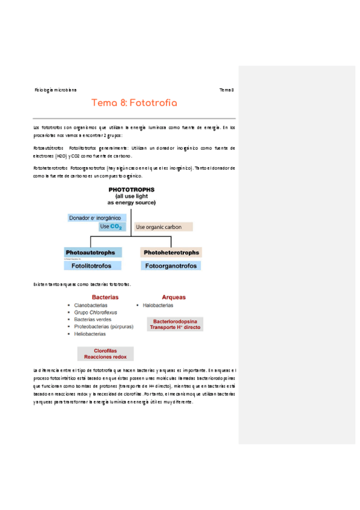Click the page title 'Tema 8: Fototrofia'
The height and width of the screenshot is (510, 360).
pyautogui.click(x=134, y=103)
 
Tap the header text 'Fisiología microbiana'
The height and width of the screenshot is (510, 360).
pyautogui.click(x=56, y=90)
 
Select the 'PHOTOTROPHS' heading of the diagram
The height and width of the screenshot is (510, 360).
pyautogui.click(x=132, y=189)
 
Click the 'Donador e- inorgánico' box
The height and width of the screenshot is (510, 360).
pyautogui.click(x=96, y=218)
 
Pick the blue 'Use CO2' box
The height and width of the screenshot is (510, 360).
pyautogui.click(x=112, y=227)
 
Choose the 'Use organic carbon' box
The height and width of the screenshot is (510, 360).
pyautogui.click(x=163, y=227)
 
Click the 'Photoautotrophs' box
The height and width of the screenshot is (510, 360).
pyautogui.click(x=93, y=253)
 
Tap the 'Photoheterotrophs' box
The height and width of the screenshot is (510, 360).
pyautogui.click(x=171, y=253)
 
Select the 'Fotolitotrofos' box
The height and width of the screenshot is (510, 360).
pyautogui.click(x=93, y=265)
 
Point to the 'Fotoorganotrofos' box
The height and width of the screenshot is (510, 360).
pyautogui.click(x=171, y=265)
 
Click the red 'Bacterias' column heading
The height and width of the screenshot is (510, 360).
pyautogui.click(x=105, y=297)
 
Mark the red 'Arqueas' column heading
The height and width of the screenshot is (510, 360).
pyautogui.click(x=174, y=297)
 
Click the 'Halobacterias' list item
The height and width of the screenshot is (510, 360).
pyautogui.click(x=158, y=306)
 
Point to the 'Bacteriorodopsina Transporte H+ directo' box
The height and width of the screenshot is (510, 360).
pyautogui.click(x=175, y=324)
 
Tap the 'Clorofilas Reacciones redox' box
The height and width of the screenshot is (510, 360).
pyautogui.click(x=105, y=354)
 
